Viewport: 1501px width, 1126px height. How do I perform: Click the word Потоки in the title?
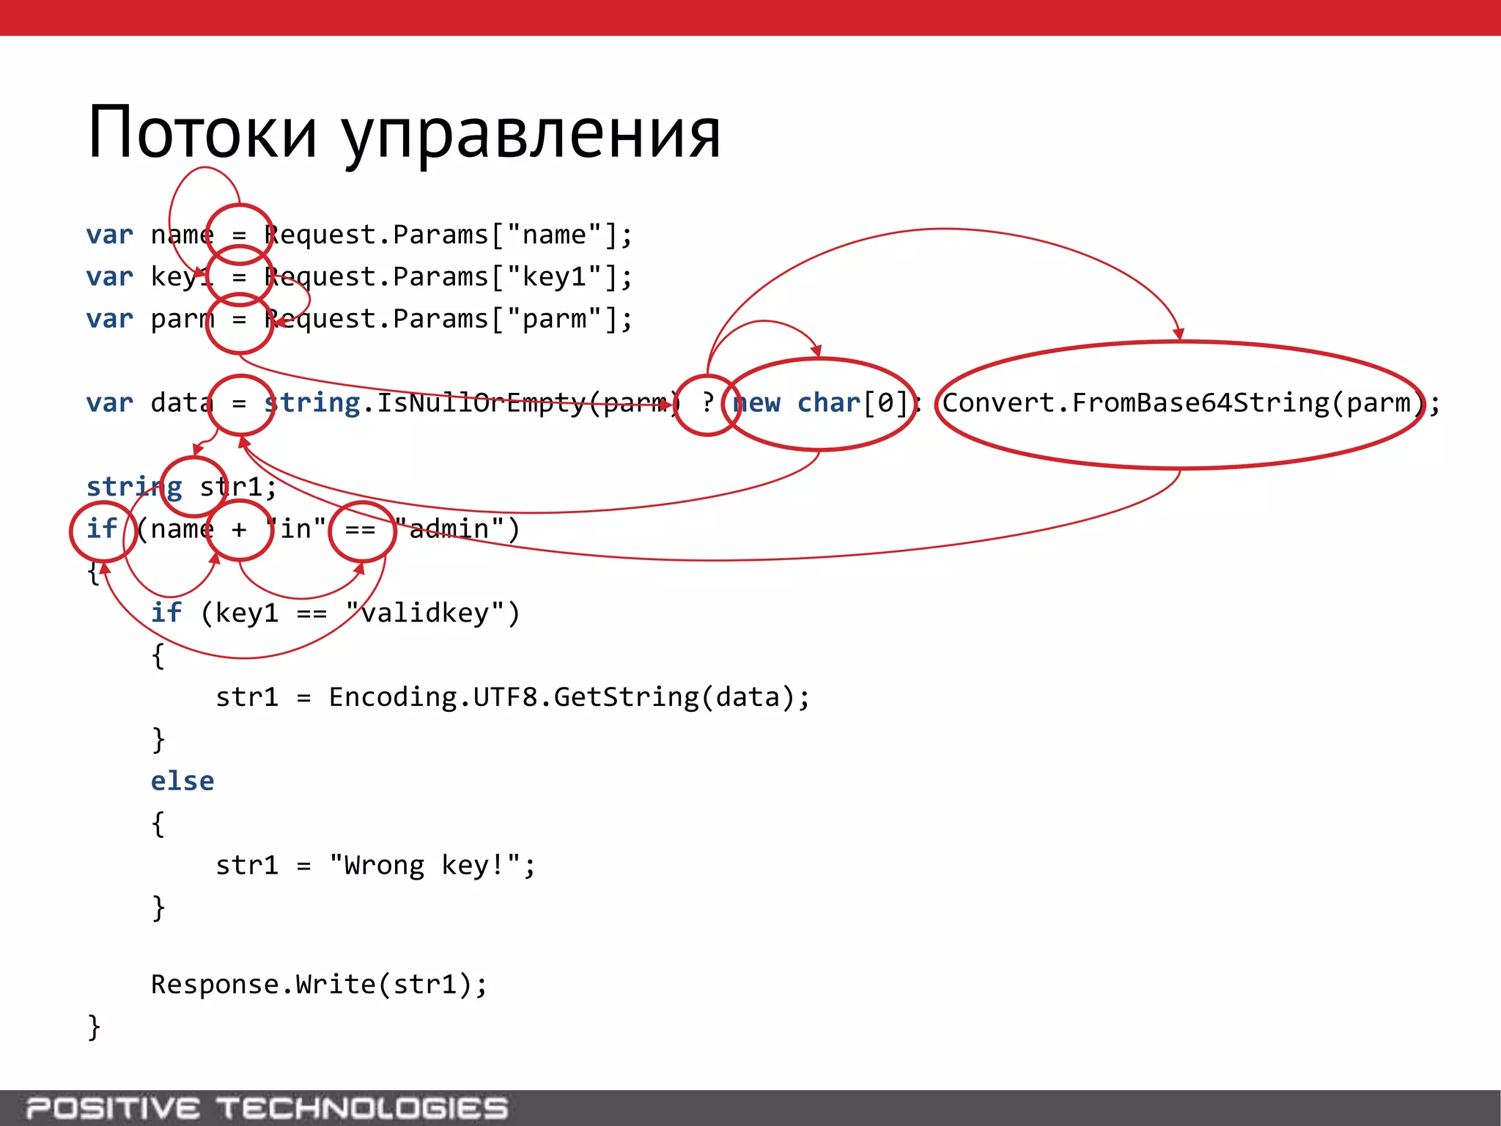(202, 133)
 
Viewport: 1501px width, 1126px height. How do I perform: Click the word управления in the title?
(532, 136)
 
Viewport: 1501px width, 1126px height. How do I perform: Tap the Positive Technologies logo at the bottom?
(267, 1108)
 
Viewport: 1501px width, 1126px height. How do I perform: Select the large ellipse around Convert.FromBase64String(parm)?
(1180, 404)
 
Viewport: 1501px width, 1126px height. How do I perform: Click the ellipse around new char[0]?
(819, 403)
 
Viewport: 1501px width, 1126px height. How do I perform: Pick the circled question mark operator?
(707, 403)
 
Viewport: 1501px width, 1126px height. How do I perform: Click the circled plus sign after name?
(240, 529)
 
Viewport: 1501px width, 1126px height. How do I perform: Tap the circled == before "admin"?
(361, 529)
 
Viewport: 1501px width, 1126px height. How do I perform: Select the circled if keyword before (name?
(102, 529)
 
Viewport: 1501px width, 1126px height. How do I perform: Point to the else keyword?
(182, 781)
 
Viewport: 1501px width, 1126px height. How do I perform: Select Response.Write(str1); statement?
(319, 985)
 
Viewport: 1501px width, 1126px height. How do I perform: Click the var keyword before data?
(110, 403)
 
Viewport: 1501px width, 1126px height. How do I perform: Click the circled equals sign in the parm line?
(240, 320)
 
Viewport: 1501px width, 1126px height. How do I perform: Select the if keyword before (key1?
(166, 613)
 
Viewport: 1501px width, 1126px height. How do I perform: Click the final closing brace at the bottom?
(94, 1027)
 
